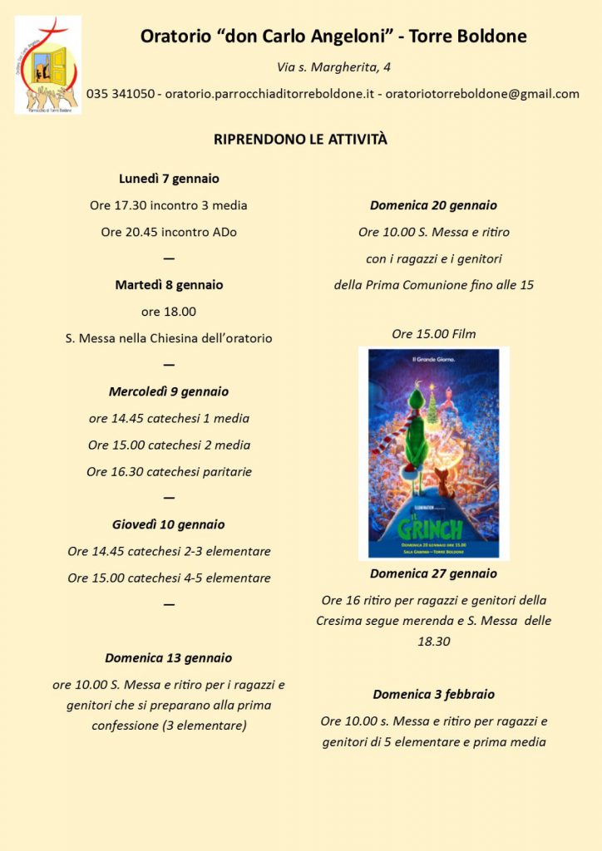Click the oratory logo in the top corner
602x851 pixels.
[x=47, y=65]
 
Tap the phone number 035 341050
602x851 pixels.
[x=120, y=94]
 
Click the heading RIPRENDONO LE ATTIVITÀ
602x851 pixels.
[x=300, y=140]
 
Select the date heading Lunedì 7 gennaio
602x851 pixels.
[x=169, y=179]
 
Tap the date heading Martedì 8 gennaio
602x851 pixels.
[x=169, y=285]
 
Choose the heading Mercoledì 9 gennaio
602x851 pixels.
[x=169, y=391]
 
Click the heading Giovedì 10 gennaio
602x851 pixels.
[x=169, y=524]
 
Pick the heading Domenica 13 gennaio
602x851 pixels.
[x=169, y=658]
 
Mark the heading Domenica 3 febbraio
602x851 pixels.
[x=434, y=694]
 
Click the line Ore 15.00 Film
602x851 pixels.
[x=434, y=334]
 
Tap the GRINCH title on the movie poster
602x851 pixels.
[x=430, y=528]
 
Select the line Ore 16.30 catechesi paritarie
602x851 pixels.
[x=169, y=471]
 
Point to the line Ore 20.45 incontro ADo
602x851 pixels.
[x=169, y=232]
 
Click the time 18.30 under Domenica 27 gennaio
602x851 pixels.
[x=434, y=642]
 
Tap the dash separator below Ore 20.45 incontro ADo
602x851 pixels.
[x=169, y=258]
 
